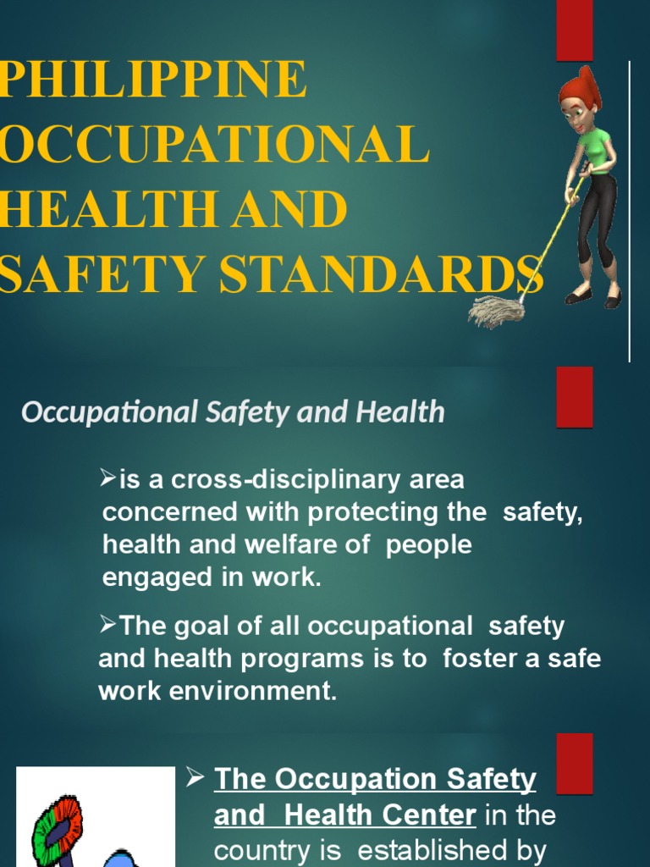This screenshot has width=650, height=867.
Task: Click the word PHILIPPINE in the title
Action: pos(153,80)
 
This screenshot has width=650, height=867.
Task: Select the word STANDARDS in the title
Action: pos(397,274)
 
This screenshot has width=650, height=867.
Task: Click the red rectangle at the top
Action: pos(575,30)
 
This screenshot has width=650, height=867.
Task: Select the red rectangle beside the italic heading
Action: pos(575,396)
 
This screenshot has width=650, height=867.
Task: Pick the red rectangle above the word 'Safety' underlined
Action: pos(575,763)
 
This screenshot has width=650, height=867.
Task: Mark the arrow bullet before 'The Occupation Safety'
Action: pos(194,776)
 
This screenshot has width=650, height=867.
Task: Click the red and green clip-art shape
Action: pos(58,826)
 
